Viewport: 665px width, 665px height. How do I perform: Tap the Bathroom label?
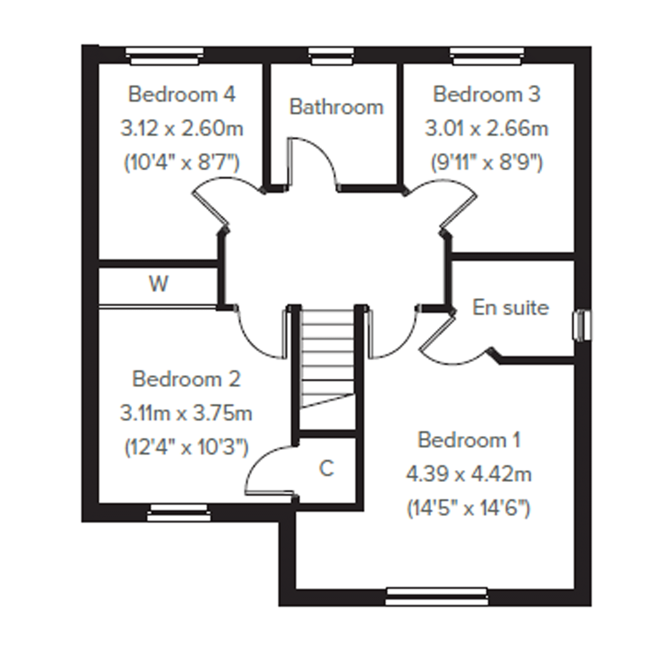pyautogui.click(x=336, y=107)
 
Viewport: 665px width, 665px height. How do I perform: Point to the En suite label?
pyautogui.click(x=510, y=307)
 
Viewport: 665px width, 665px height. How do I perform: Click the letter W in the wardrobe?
pyautogui.click(x=159, y=284)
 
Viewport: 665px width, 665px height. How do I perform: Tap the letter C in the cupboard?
pyautogui.click(x=326, y=469)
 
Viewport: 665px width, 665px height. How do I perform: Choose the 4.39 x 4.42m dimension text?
pyautogui.click(x=469, y=474)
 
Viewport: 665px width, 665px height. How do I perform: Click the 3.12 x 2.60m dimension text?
pyautogui.click(x=182, y=128)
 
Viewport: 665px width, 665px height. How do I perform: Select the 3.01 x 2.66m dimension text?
pyautogui.click(x=486, y=128)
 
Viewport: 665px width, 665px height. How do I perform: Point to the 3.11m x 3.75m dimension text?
pyautogui.click(x=186, y=413)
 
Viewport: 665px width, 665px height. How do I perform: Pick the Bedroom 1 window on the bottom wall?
pyautogui.click(x=437, y=596)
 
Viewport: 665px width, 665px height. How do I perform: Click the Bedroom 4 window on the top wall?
pyautogui.click(x=165, y=56)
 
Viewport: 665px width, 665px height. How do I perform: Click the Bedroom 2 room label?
pyautogui.click(x=186, y=379)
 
